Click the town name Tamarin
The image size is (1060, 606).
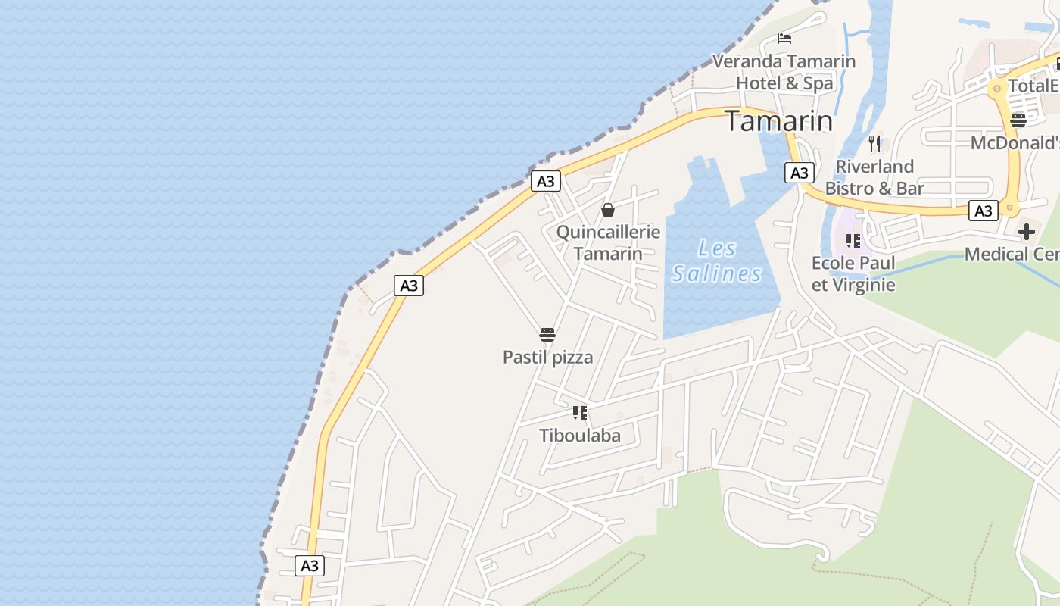pos(779,121)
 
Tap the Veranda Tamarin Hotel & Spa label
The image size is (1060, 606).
pos(784,72)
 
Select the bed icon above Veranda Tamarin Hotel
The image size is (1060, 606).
pos(784,38)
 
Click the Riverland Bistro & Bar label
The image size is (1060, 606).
pos(874,177)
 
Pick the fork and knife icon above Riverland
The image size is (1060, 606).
pos(874,143)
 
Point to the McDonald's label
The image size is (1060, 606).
pos(1015,143)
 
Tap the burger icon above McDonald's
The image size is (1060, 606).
pos(1018,120)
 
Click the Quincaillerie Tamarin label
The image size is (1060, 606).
pos(608,242)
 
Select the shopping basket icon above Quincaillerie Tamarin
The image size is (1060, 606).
pos(608,210)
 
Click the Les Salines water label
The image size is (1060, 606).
pos(716,261)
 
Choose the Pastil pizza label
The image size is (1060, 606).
pos(547,357)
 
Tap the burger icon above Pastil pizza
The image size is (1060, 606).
pos(547,335)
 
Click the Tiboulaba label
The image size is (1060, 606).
pos(580,435)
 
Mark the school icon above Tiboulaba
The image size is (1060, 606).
pos(580,413)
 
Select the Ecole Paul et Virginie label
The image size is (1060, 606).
pos(853,273)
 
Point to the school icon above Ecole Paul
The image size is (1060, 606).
pos(853,241)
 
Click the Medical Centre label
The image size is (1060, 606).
pos(1012,254)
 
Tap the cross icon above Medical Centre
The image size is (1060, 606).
pos(1027,232)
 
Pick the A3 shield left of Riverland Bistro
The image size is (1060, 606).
pos(800,173)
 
